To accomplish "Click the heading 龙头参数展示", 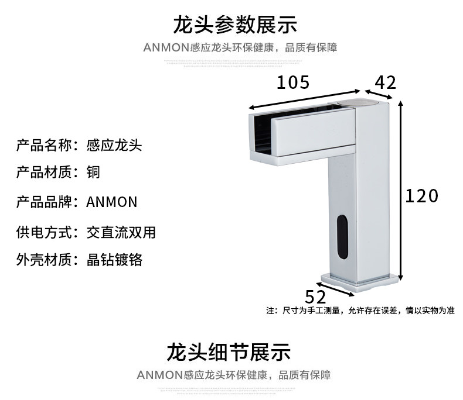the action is click(235, 25).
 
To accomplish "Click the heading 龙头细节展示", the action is click(228, 352).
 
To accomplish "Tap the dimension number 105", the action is click(292, 82).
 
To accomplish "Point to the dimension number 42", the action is click(385, 82).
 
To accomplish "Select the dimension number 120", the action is click(421, 196).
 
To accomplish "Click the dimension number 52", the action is click(315, 296).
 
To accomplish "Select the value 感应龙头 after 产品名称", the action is click(114, 144).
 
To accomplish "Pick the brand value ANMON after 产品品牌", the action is click(111, 202).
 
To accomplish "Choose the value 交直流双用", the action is click(121, 232).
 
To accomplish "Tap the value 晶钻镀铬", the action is click(114, 260).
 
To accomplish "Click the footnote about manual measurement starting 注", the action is click(360, 311).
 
